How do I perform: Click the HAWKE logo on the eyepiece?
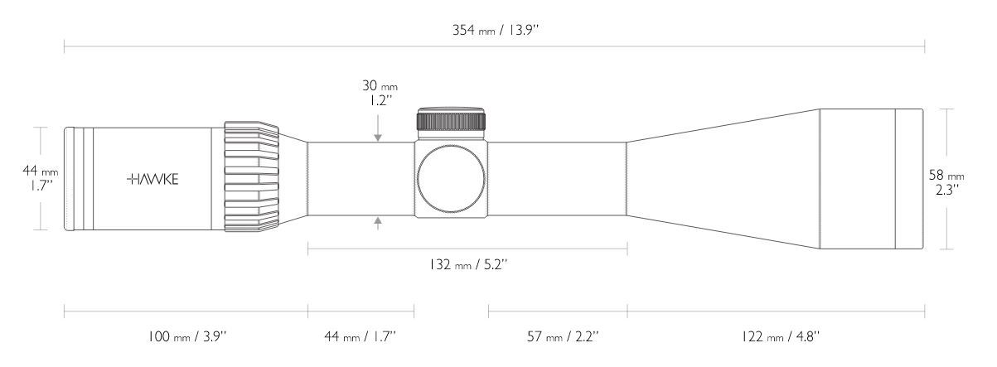[152, 179]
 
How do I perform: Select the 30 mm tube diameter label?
[380, 85]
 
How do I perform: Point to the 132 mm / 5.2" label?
[468, 264]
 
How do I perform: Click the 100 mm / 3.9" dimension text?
[187, 336]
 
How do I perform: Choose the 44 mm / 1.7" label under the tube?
[360, 336]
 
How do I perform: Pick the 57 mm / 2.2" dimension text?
[563, 336]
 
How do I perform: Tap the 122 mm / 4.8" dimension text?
[780, 336]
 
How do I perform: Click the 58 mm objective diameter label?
[946, 176]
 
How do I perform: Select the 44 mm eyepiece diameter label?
[40, 171]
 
